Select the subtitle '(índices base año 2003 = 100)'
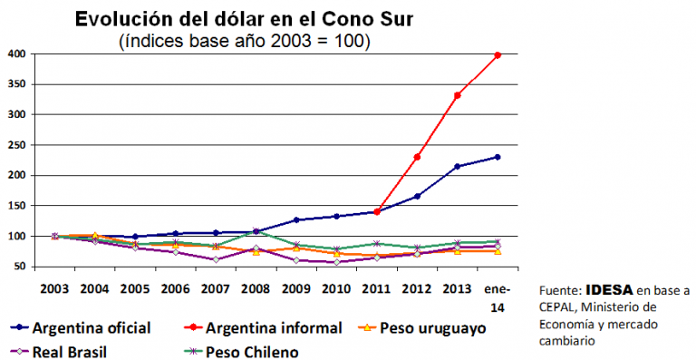[x=244, y=41]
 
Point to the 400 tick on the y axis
[x=16, y=54]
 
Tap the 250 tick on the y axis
[x=16, y=145]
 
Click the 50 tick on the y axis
[x=18, y=267]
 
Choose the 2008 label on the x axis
[x=256, y=289]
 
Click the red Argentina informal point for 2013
[x=458, y=95]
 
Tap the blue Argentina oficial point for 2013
[x=458, y=166]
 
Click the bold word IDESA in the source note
[x=605, y=291]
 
